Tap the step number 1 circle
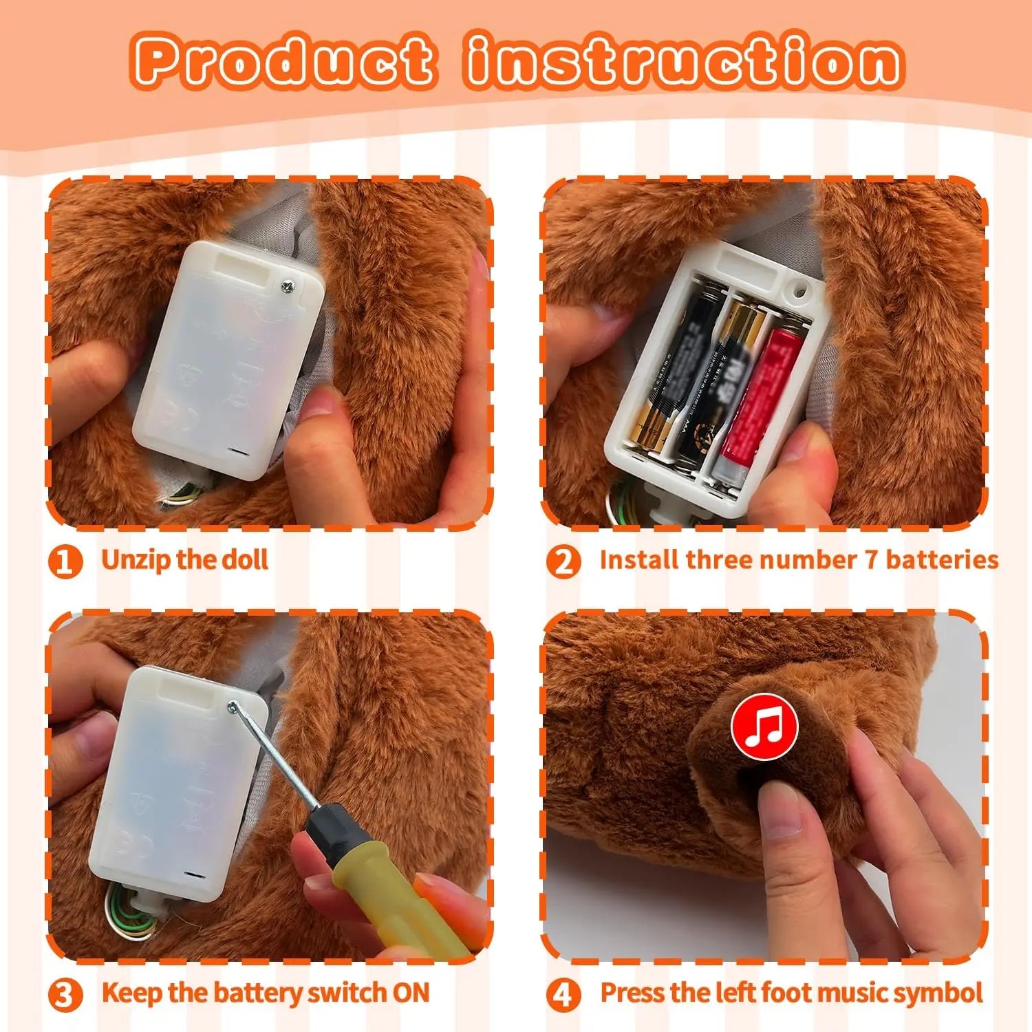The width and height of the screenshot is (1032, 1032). coord(65,561)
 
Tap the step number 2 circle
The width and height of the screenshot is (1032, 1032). coord(563,561)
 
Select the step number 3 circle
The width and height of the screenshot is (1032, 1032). coord(65,995)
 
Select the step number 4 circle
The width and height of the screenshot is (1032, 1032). coord(563,995)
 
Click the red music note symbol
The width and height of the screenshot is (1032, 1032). coord(764,727)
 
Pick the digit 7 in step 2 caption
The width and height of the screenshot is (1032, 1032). coord(871,559)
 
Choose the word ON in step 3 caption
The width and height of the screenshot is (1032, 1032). coord(411,993)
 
